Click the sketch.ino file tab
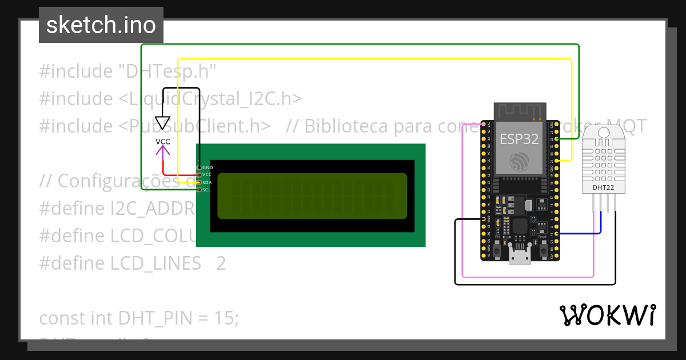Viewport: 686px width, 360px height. tap(101, 25)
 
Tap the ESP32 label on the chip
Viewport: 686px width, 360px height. tap(519, 139)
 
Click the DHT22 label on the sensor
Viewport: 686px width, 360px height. tap(604, 187)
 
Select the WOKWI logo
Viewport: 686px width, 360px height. tap(607, 315)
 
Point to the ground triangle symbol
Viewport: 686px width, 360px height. tap(163, 123)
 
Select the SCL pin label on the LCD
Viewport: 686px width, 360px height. tap(206, 190)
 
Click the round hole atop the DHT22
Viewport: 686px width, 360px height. tap(604, 134)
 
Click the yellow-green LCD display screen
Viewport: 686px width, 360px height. tap(312, 195)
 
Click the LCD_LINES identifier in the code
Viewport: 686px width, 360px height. tap(155, 263)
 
